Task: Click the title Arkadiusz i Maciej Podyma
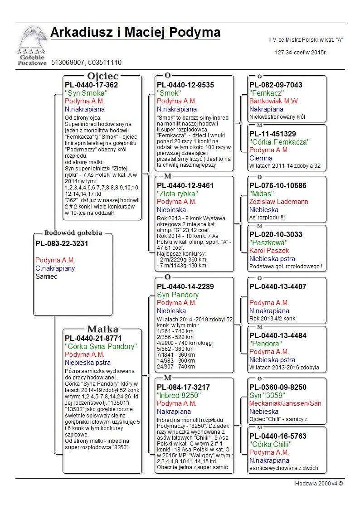(135, 33)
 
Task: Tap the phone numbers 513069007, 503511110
(86, 63)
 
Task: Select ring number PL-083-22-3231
(62, 243)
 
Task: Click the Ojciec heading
(102, 76)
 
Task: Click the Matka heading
(102, 329)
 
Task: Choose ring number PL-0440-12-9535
(185, 85)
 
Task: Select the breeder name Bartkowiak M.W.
(274, 101)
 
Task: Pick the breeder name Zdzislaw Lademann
(279, 202)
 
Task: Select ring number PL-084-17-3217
(183, 387)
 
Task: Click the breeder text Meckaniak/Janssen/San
(285, 403)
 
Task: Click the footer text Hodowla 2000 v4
(319, 484)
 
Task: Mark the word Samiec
(46, 276)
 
